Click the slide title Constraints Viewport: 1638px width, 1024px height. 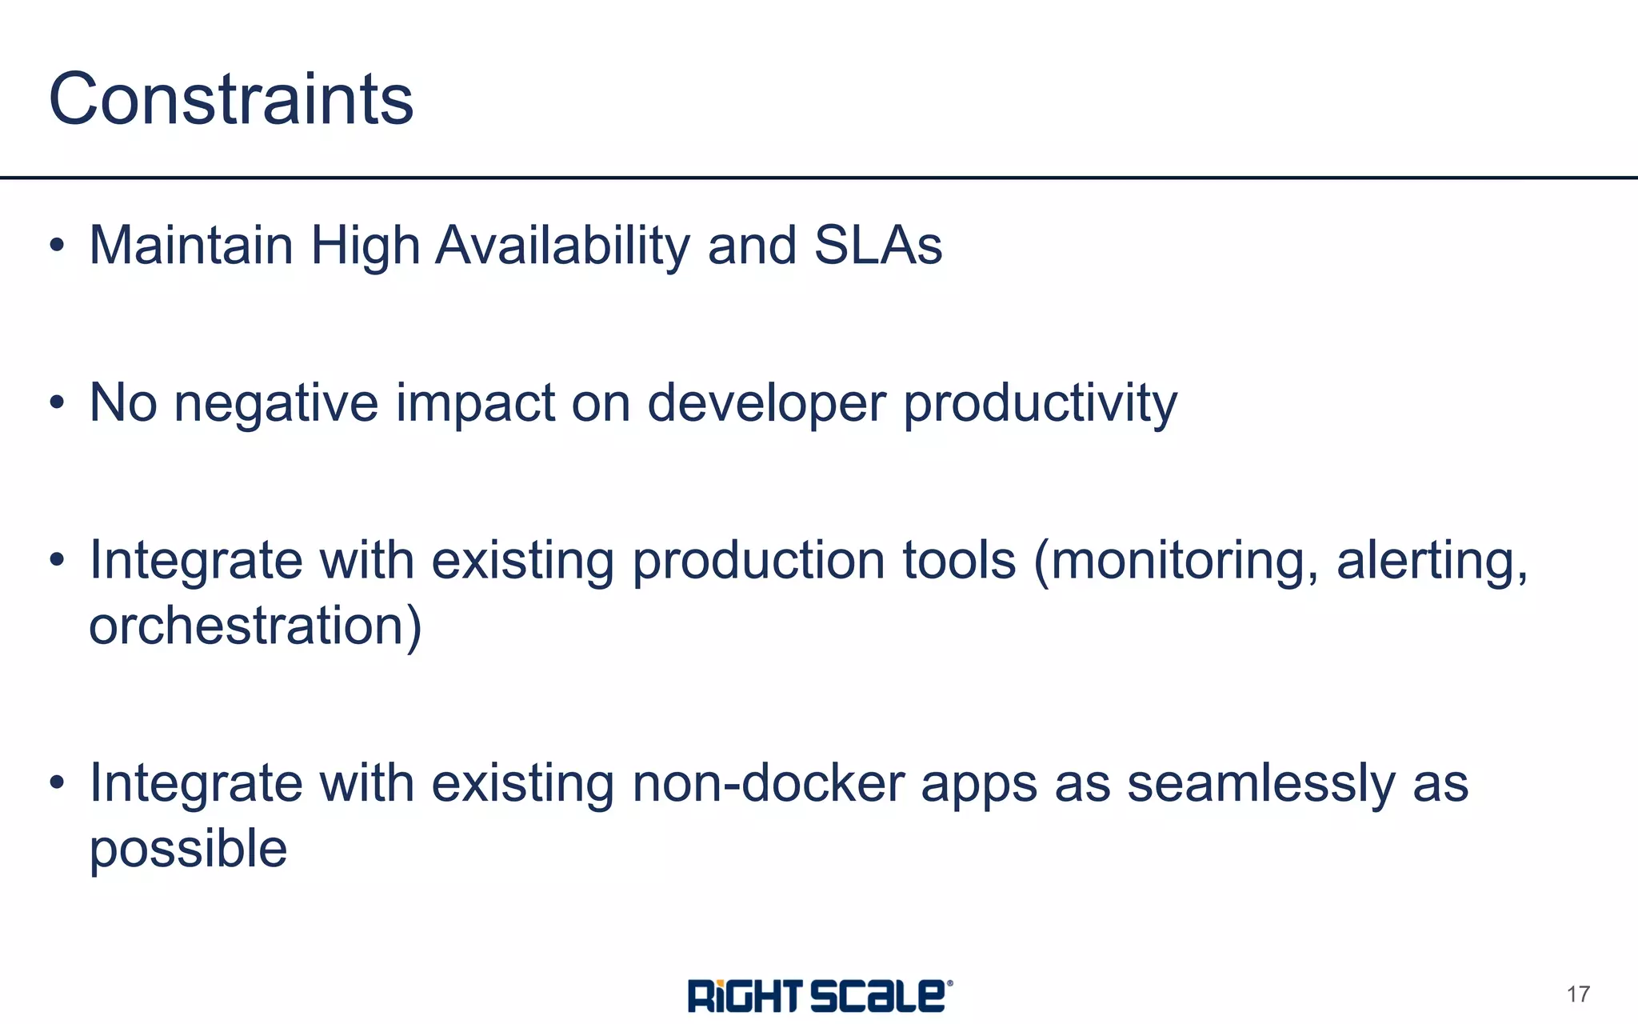click(x=231, y=99)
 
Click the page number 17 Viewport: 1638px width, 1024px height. click(x=1578, y=994)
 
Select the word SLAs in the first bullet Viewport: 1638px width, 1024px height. click(x=878, y=245)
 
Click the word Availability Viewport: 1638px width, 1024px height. click(x=562, y=245)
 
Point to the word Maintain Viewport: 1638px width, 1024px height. click(x=191, y=245)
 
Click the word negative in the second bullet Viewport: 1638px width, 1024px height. click(x=276, y=402)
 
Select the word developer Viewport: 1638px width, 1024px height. click(x=765, y=402)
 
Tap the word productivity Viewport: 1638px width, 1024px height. click(x=1040, y=402)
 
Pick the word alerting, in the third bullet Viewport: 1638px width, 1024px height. click(x=1432, y=560)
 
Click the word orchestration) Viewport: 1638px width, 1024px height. click(x=255, y=626)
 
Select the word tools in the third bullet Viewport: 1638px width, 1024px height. click(x=959, y=560)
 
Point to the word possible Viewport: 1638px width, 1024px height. click(x=188, y=849)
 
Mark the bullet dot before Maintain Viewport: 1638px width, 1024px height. click(x=56, y=245)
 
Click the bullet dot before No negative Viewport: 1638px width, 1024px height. click(x=56, y=402)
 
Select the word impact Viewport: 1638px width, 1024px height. click(x=475, y=402)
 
